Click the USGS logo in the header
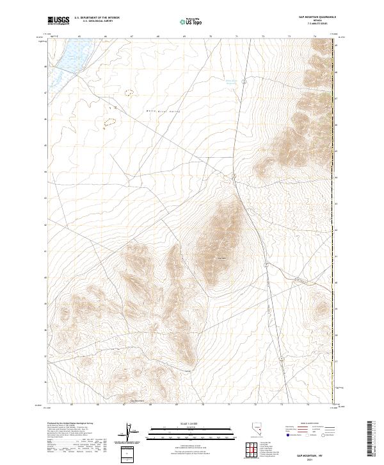click(x=58, y=21)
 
